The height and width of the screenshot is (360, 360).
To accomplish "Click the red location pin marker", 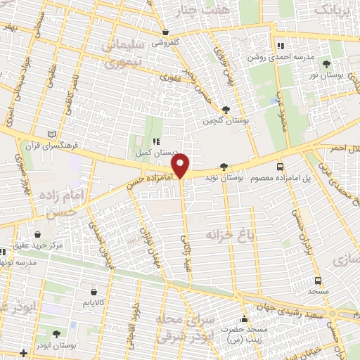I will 181,165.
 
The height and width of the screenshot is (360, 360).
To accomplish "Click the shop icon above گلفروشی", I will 165,32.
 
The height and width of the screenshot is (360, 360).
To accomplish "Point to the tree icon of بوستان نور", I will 327,64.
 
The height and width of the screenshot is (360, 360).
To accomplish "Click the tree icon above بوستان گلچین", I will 225,109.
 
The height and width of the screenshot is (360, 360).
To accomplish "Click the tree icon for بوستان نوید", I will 224,167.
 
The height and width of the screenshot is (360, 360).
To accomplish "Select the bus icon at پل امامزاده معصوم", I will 281,167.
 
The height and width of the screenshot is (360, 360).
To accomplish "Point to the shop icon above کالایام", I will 94,290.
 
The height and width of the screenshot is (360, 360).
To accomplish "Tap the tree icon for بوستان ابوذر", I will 56,333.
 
